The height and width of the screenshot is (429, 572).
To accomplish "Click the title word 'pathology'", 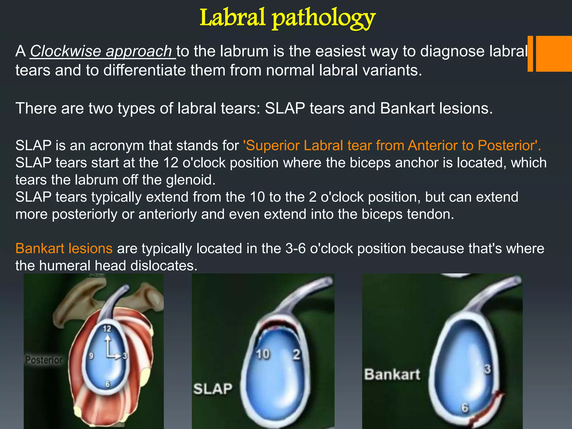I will [x=324, y=19].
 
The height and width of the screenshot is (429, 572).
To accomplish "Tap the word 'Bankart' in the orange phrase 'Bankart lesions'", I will [x=40, y=248].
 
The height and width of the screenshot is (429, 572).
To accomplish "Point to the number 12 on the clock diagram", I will [x=107, y=329].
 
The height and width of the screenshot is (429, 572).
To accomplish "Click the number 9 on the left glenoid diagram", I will [x=91, y=356].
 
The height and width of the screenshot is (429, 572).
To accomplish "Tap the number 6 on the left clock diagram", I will [x=108, y=385].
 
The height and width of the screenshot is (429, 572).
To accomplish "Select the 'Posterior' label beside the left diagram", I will [x=44, y=360].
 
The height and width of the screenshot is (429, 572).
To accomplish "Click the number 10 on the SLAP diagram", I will [x=263, y=354].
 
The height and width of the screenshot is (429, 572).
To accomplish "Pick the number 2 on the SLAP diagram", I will [x=296, y=354].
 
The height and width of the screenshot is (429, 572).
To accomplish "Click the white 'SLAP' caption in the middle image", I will [x=213, y=389].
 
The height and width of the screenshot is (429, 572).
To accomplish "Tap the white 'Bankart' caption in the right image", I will [x=392, y=375].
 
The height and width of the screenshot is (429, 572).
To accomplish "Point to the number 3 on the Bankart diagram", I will [x=487, y=369].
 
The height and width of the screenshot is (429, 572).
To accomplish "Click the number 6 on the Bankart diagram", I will [x=464, y=408].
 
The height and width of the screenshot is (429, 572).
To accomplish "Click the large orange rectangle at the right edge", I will [x=554, y=54].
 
